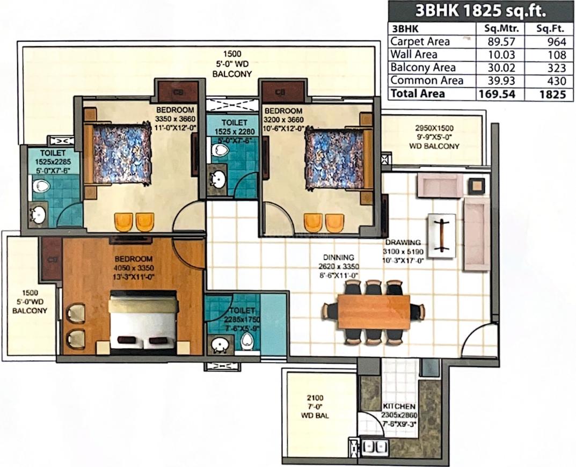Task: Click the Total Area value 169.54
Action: [x=497, y=94]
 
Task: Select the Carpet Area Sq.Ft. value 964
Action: [x=557, y=41]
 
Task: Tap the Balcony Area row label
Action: [x=423, y=68]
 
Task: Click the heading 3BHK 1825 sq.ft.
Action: [x=480, y=11]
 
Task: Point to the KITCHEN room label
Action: [x=399, y=407]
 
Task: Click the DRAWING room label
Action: [x=403, y=243]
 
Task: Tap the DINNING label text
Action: [x=339, y=258]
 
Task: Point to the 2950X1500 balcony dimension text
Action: [x=434, y=128]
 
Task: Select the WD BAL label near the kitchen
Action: [x=315, y=415]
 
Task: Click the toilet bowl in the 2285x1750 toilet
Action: [x=247, y=341]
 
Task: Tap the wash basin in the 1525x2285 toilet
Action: [x=38, y=214]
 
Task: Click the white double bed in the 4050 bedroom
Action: [x=144, y=323]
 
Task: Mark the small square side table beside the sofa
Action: [x=477, y=186]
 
